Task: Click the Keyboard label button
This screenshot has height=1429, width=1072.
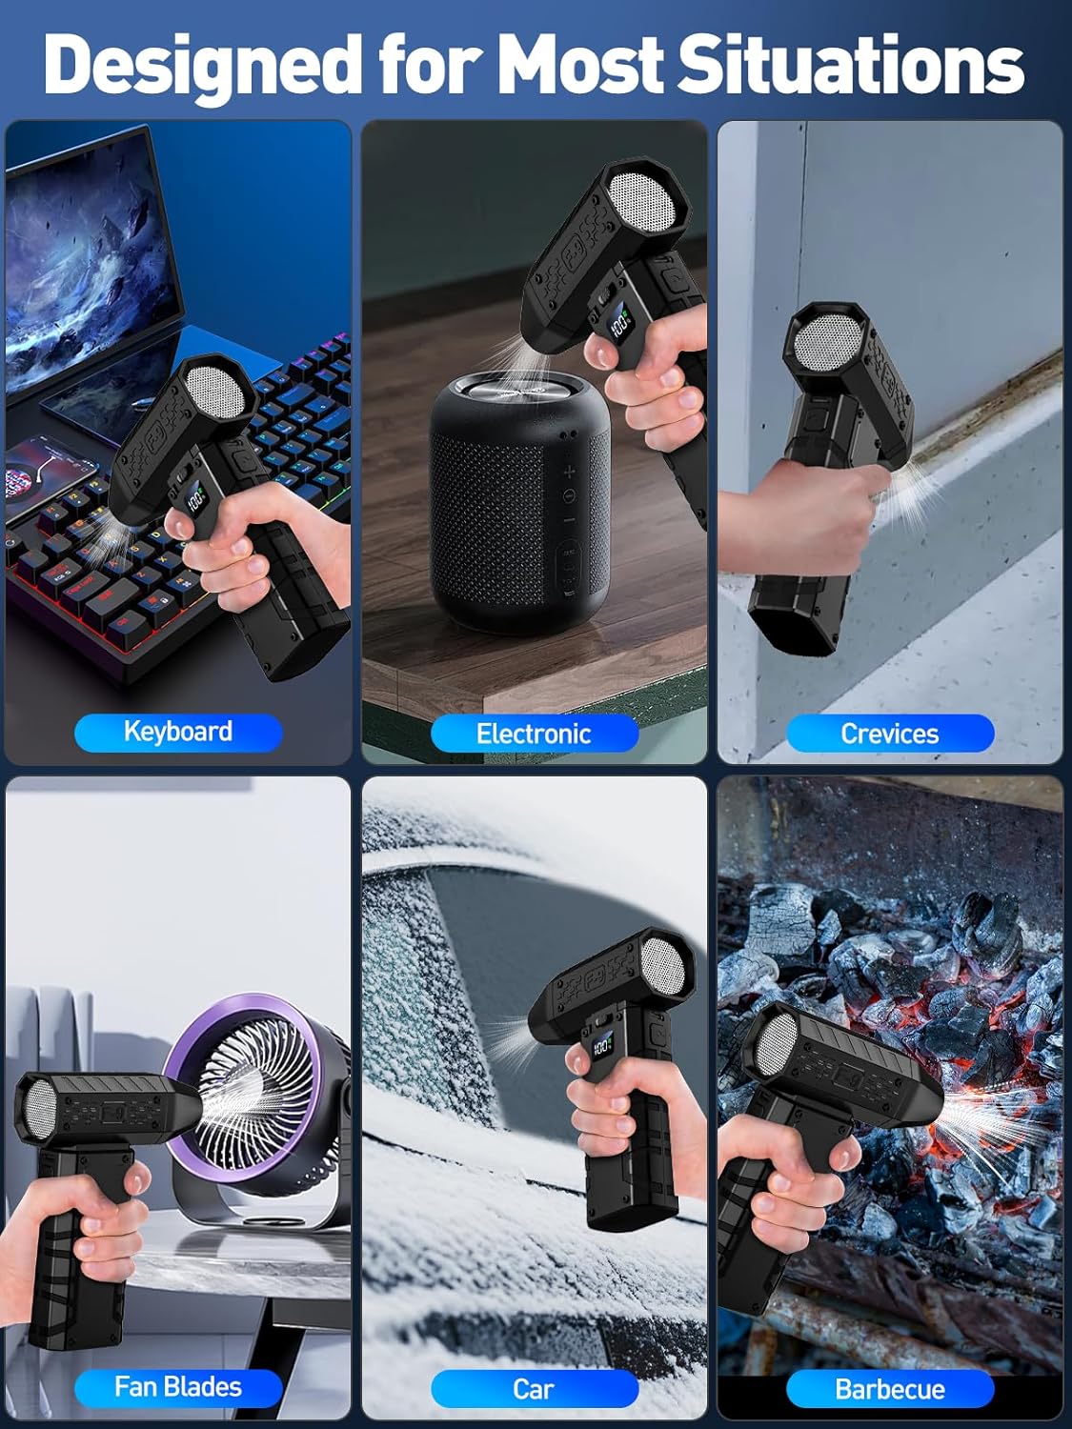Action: point(178,732)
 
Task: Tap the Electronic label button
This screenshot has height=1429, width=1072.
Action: point(534,734)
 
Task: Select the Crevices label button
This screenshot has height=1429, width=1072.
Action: point(889,734)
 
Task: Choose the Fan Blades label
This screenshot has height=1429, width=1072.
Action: point(178,1387)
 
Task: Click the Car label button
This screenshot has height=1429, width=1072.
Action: point(534,1389)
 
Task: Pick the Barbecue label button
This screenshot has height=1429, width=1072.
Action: point(889,1389)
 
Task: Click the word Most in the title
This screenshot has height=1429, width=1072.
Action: point(581,64)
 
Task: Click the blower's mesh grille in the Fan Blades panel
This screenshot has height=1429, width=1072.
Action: point(34,1110)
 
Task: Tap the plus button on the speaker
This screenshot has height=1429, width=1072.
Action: point(569,471)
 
